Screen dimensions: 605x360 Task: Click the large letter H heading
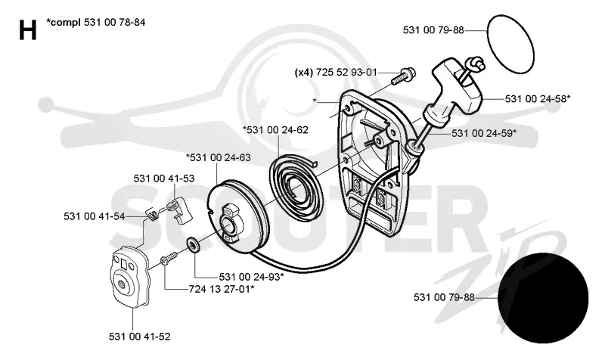[28, 30]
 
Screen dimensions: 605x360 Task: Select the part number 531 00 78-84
[115, 23]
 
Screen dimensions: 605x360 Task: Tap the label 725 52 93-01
[346, 72]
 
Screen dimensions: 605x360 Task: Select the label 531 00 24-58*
[538, 99]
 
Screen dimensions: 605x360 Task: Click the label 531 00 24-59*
[484, 133]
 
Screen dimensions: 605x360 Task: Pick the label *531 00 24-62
[275, 130]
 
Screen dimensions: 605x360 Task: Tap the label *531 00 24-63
[218, 157]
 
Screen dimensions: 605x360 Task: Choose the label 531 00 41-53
[164, 178]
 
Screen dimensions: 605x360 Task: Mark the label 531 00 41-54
[94, 216]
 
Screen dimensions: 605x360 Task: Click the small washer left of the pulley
[193, 244]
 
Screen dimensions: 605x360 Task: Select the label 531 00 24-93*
[252, 277]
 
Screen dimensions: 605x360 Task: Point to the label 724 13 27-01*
[222, 289]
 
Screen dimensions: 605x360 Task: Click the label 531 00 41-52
[139, 337]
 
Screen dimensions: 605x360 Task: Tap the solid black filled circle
[543, 298]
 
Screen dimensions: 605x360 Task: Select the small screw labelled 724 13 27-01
[169, 258]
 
